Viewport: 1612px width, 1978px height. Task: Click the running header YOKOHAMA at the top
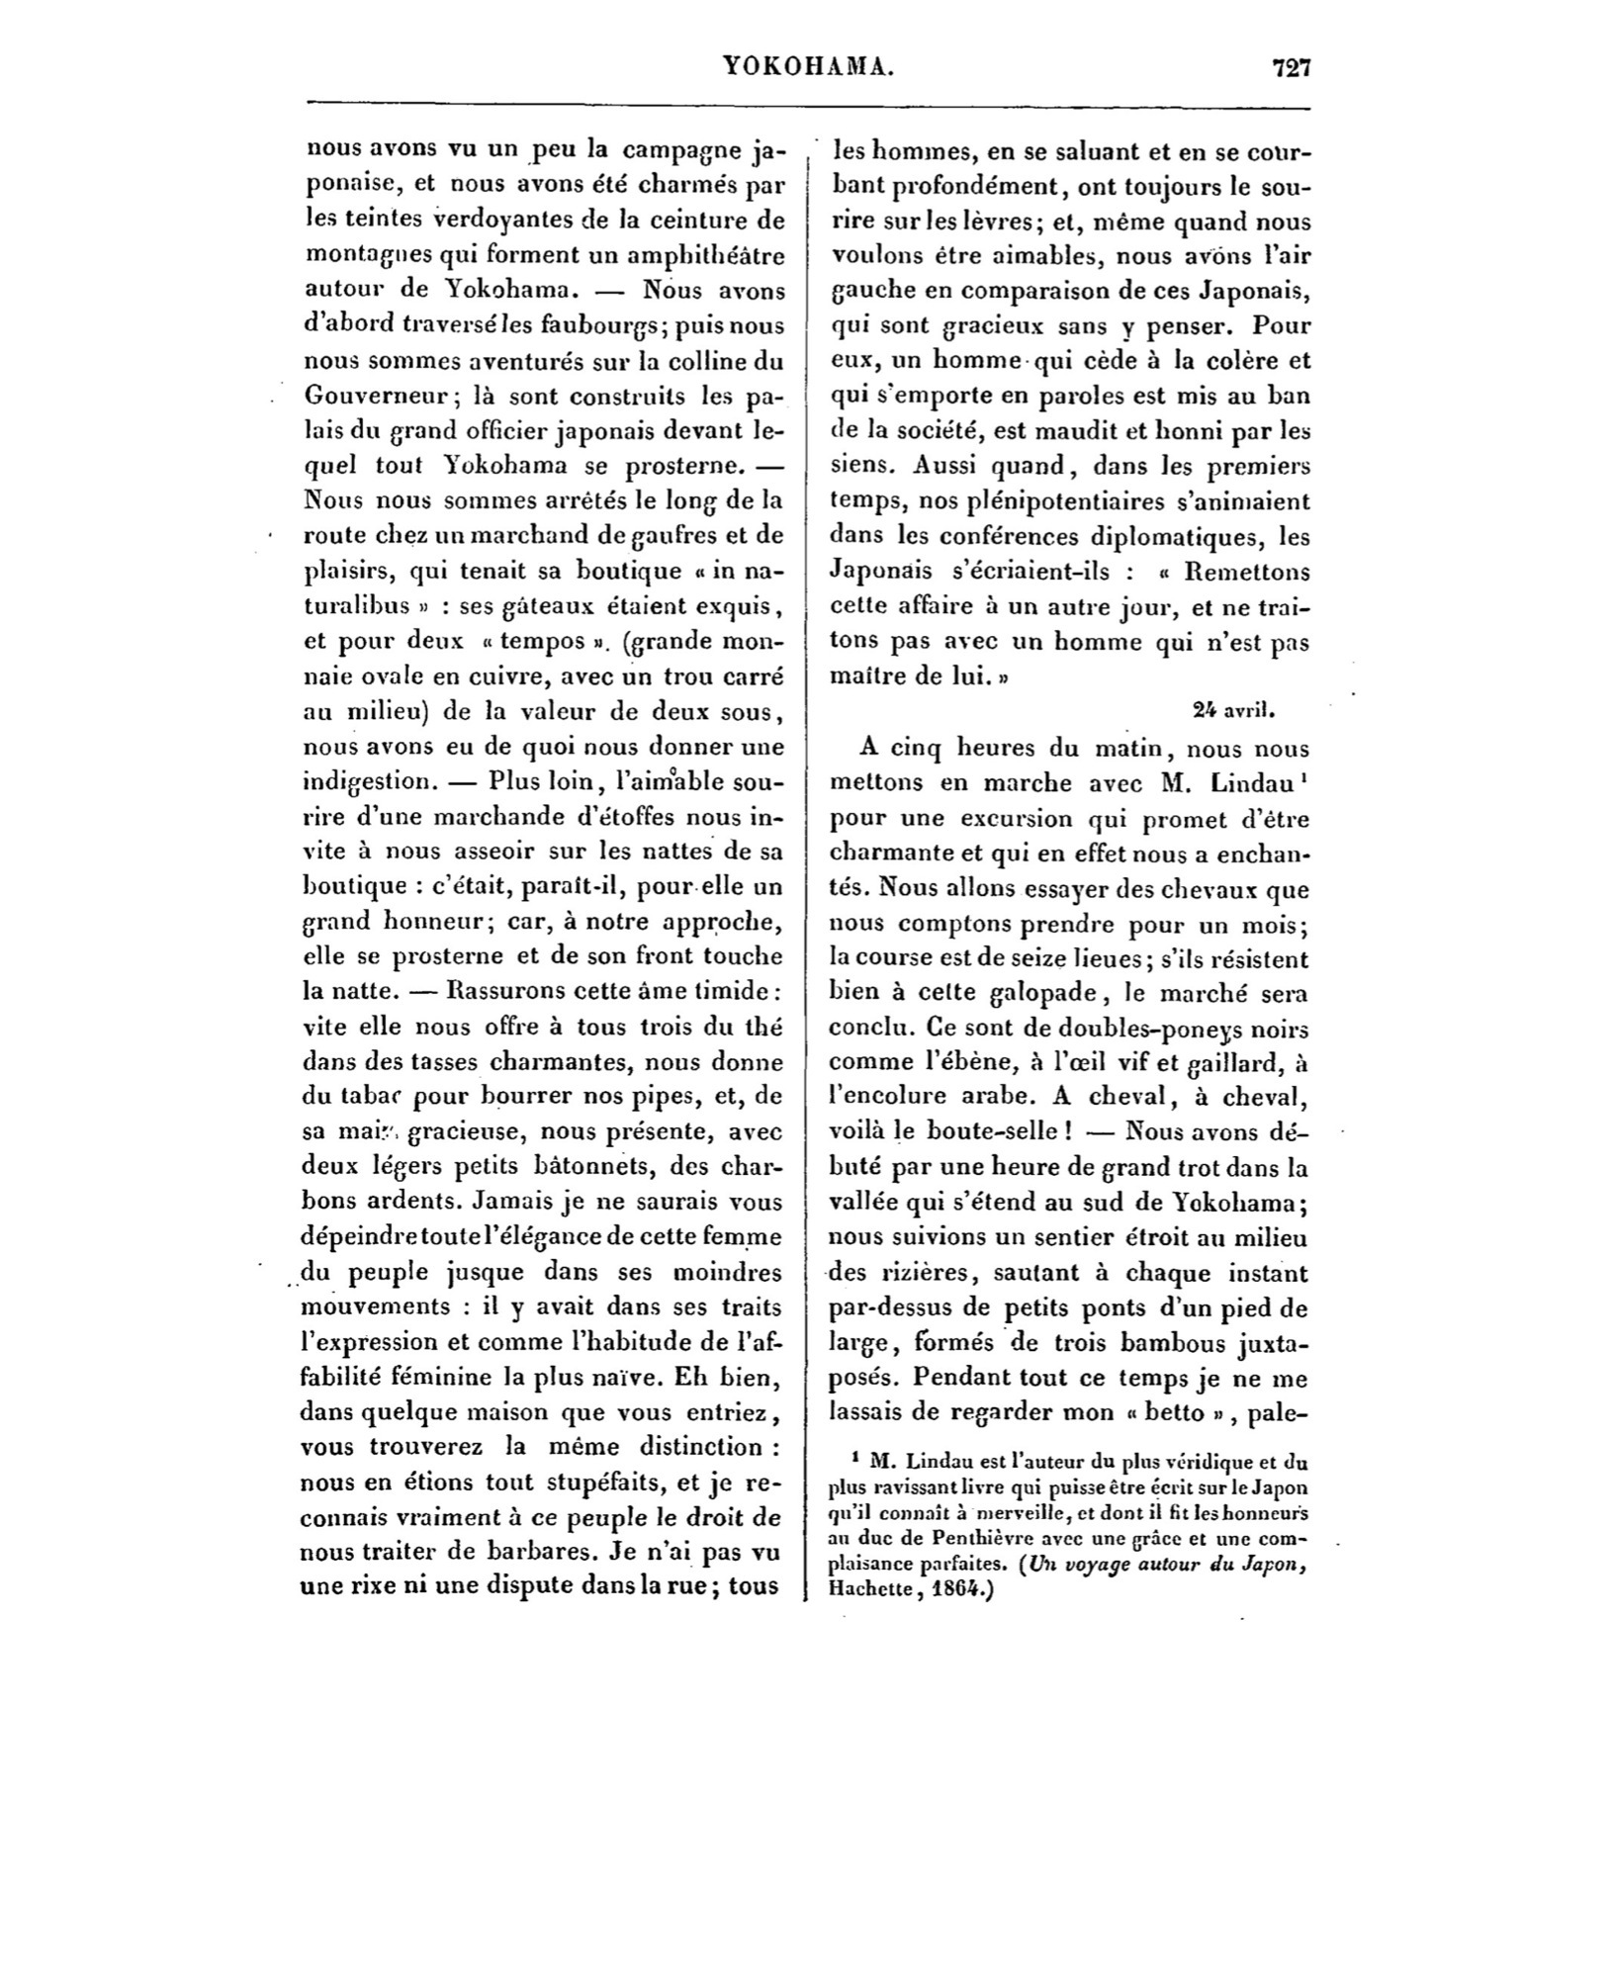(x=809, y=67)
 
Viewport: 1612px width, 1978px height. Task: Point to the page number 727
(x=1291, y=67)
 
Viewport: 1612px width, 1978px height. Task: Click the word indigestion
(x=364, y=781)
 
